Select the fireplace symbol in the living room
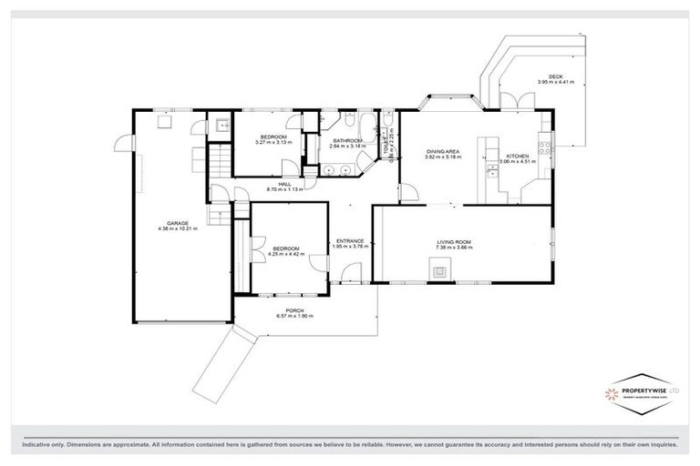(x=440, y=269)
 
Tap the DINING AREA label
(x=443, y=152)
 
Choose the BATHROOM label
(x=347, y=140)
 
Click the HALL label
(x=284, y=183)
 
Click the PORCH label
(x=293, y=310)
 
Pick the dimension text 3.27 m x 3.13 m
(x=273, y=142)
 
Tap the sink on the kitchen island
(x=491, y=170)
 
